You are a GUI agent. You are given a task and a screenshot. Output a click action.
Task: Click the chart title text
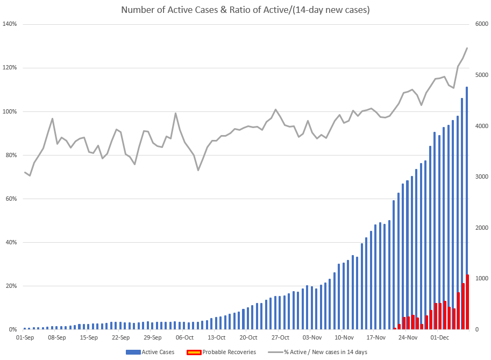[245, 10]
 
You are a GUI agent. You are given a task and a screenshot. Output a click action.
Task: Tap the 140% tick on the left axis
[10, 24]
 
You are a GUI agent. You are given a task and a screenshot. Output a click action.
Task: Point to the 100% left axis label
[10, 111]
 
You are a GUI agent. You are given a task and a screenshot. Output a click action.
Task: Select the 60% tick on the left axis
[11, 199]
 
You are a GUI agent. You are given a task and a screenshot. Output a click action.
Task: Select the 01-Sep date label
[25, 338]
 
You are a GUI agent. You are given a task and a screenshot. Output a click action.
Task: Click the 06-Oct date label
[184, 338]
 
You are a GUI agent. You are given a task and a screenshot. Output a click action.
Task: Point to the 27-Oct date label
[280, 338]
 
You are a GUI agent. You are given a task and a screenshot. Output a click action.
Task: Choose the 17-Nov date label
[376, 338]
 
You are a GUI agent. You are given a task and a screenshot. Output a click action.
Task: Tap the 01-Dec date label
[440, 338]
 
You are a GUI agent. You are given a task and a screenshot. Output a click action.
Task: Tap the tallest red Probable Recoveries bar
[468, 302]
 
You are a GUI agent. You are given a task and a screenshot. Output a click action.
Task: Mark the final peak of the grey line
[467, 48]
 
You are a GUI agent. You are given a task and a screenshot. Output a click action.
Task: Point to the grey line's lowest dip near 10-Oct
[198, 170]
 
